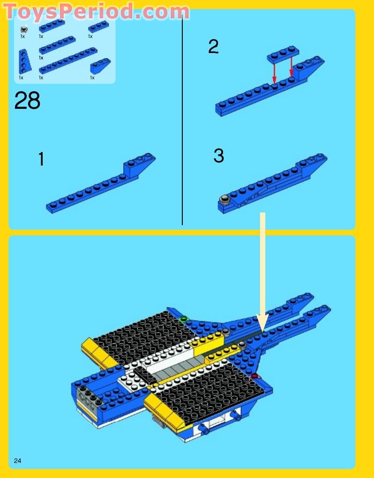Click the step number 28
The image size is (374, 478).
click(x=27, y=100)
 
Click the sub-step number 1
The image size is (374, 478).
click(x=41, y=159)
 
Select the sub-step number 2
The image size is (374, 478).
click(x=213, y=47)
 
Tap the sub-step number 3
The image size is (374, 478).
click(x=218, y=156)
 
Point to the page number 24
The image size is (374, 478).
click(x=18, y=461)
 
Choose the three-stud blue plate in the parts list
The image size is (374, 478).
click(x=98, y=26)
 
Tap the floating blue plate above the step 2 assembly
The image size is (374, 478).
click(x=283, y=54)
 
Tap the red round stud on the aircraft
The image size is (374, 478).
click(x=255, y=376)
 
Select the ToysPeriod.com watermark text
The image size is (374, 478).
click(x=97, y=11)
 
